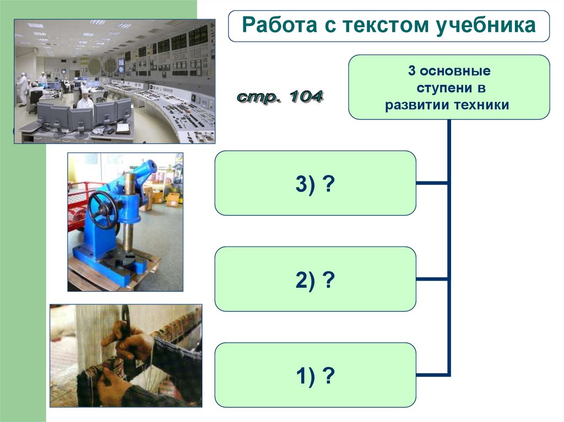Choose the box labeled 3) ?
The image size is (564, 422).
pos(315,183)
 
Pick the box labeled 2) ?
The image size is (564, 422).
pos(315,279)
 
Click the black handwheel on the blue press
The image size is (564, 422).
pos(103,209)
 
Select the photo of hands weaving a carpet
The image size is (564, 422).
pos(126,355)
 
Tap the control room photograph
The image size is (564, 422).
pos(114,81)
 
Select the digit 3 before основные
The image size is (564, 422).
pos(411,72)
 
